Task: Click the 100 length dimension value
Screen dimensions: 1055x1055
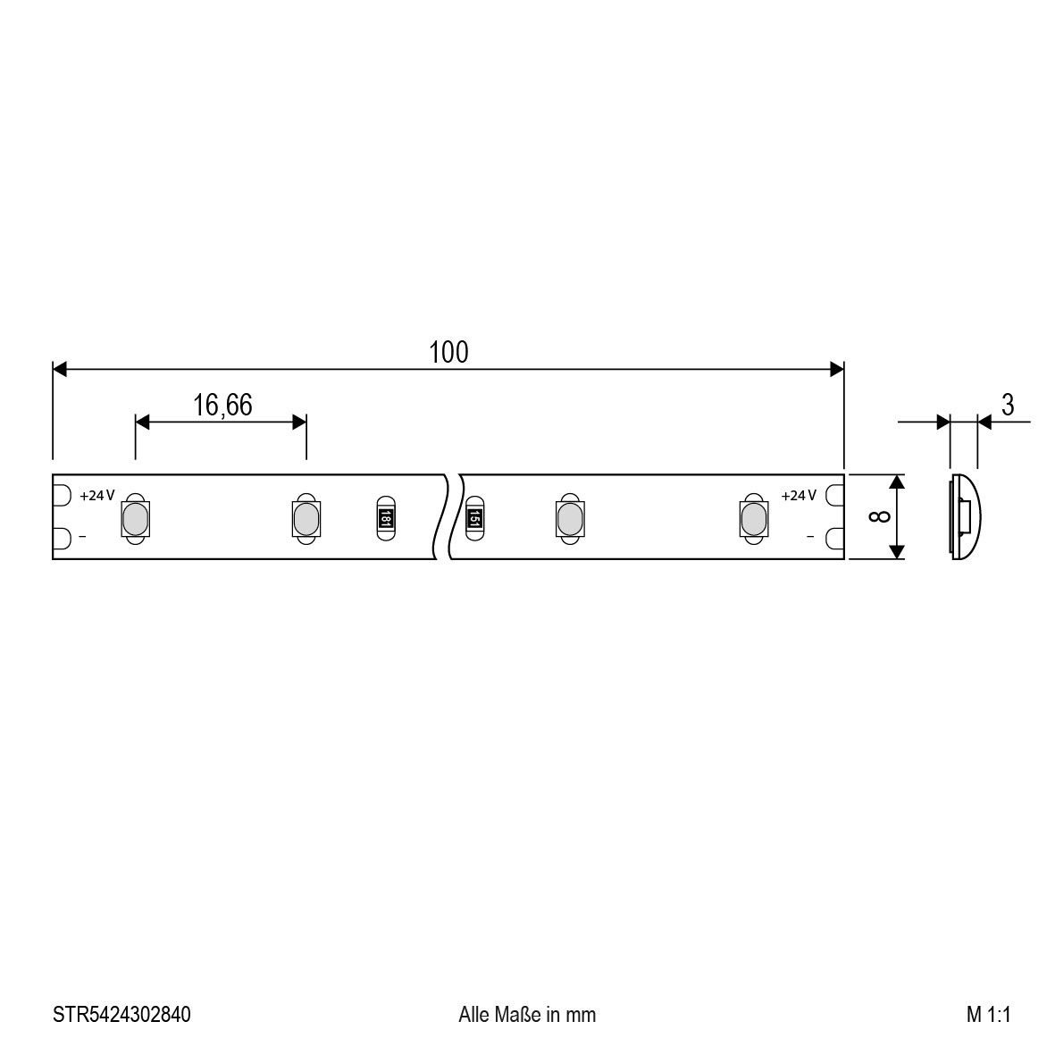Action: (x=448, y=353)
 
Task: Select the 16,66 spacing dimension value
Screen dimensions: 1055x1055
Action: (x=222, y=406)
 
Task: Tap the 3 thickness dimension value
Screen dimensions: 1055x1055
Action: (x=1008, y=406)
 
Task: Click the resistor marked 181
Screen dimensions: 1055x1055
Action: (x=385, y=517)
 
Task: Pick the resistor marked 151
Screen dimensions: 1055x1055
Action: (x=473, y=517)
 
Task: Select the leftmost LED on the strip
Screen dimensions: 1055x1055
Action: (x=135, y=517)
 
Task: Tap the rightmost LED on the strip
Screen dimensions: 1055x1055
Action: (x=753, y=517)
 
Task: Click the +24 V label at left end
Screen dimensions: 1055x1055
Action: (x=97, y=496)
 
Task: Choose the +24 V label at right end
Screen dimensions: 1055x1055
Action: (x=799, y=496)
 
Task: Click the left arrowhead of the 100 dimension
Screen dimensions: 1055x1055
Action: (x=60, y=369)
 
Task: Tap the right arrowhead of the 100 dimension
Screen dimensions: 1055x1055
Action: (x=837, y=369)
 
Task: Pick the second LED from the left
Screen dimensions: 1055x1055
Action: (x=305, y=517)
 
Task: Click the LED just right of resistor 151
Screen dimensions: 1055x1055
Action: (x=569, y=517)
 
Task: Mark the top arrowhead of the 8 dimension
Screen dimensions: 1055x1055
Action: (x=898, y=482)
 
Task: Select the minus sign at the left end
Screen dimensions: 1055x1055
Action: (x=83, y=537)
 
